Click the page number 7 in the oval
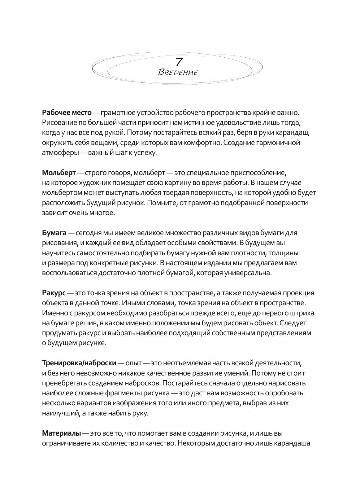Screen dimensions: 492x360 tap(179, 62)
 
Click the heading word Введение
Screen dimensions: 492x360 tap(178, 73)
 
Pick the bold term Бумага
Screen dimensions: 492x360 tap(54, 233)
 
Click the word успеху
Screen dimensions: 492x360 tap(146, 153)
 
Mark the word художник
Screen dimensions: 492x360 tap(90, 183)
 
